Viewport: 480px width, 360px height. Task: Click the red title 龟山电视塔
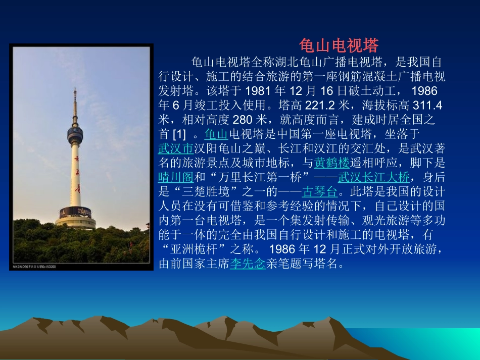[x=339, y=46]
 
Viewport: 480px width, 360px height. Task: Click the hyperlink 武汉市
[x=176, y=148]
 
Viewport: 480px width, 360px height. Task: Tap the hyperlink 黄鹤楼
[x=332, y=163]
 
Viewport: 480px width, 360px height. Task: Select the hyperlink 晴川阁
[x=176, y=177]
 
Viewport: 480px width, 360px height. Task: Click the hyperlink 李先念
[x=248, y=264]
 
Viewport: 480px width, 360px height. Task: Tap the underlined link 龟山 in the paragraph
[x=216, y=134]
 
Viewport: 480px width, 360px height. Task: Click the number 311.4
[x=428, y=106]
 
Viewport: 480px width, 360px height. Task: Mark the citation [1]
[x=179, y=134]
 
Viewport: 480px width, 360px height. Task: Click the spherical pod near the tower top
[x=75, y=134]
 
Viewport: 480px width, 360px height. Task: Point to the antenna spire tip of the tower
[x=75, y=91]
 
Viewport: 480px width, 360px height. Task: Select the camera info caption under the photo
[x=34, y=266]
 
